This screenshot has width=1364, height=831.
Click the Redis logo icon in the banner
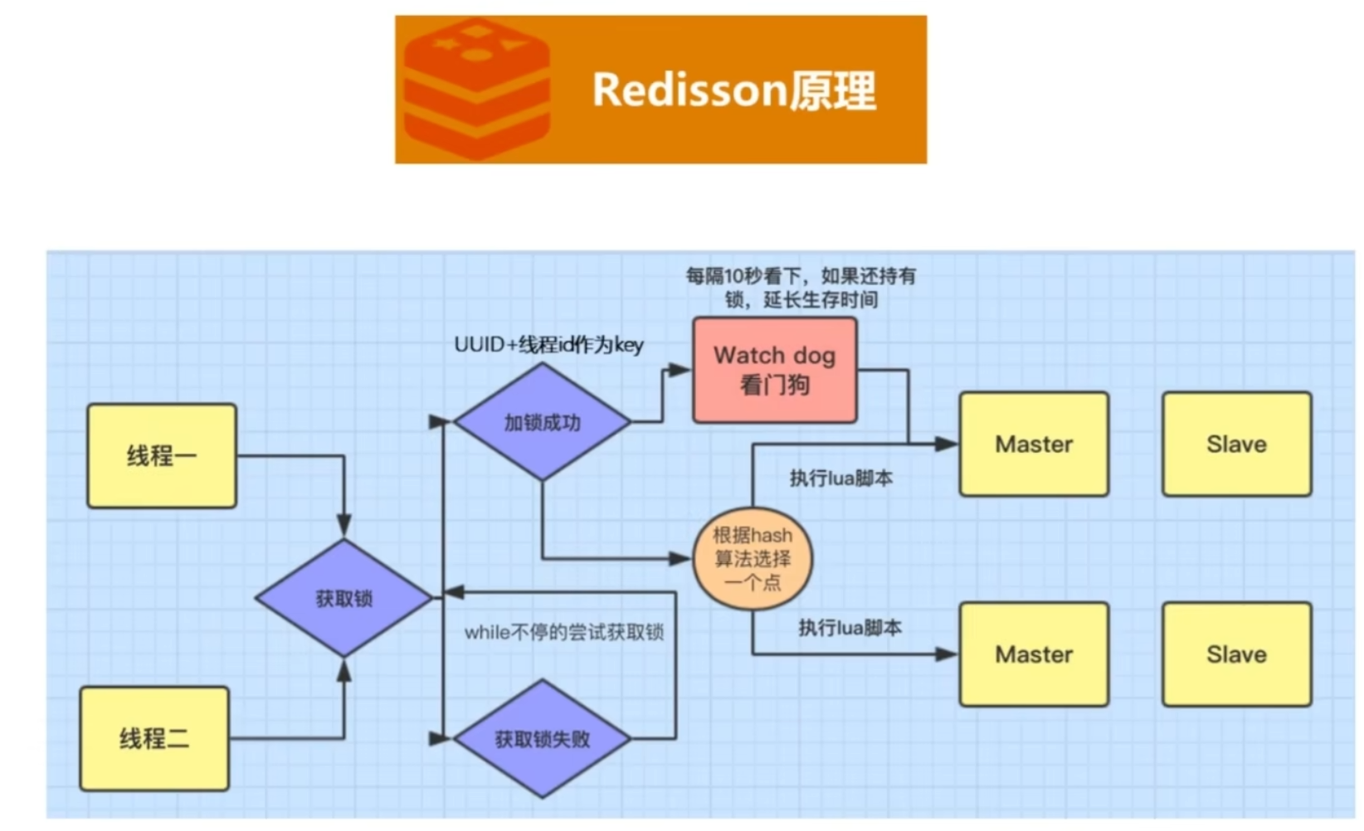tap(476, 90)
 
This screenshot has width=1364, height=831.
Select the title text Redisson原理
tap(733, 90)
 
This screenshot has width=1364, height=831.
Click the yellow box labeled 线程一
tap(162, 455)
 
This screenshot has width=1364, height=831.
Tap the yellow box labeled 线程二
tap(154, 738)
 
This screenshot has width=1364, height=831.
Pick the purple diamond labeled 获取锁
tap(343, 598)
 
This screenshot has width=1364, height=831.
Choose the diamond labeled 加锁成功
tap(542, 422)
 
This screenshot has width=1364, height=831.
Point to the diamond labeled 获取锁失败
tap(542, 739)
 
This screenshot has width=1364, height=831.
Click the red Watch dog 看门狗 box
tap(775, 370)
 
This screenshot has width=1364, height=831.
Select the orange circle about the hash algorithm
tap(753, 558)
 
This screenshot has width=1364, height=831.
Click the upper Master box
tap(1034, 445)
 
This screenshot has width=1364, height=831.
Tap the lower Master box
tap(1034, 654)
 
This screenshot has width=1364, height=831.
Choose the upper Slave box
tap(1236, 445)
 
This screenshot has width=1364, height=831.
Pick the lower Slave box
tap(1236, 654)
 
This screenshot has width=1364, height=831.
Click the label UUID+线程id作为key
tap(548, 344)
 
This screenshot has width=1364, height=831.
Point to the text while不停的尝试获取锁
tap(564, 633)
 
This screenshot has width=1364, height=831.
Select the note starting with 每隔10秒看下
tap(801, 287)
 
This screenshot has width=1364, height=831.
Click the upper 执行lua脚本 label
tap(840, 479)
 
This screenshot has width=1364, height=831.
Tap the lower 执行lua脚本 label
tap(850, 628)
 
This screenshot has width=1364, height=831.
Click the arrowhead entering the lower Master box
tap(947, 654)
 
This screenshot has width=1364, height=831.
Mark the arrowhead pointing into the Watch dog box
tap(680, 370)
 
